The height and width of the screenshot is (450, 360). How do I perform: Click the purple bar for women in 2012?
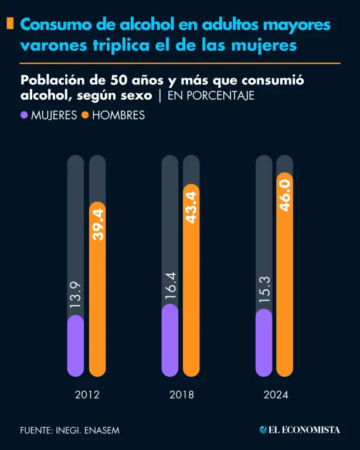[76, 346]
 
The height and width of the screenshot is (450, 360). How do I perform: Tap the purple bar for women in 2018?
[170, 340]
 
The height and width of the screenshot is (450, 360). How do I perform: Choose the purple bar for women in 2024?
[264, 343]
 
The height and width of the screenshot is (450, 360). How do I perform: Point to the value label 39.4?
[97, 224]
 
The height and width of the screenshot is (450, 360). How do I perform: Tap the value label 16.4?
[170, 285]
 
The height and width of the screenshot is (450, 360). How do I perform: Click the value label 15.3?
[264, 289]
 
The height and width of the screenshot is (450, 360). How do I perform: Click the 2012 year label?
[87, 395]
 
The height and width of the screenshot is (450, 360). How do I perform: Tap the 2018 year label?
[181, 395]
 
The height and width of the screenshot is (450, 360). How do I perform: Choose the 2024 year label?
[275, 395]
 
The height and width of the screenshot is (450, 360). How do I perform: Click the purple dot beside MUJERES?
[24, 115]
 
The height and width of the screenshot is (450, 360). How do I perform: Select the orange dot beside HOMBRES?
[85, 115]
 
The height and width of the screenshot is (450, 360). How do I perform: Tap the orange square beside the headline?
[10, 24]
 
